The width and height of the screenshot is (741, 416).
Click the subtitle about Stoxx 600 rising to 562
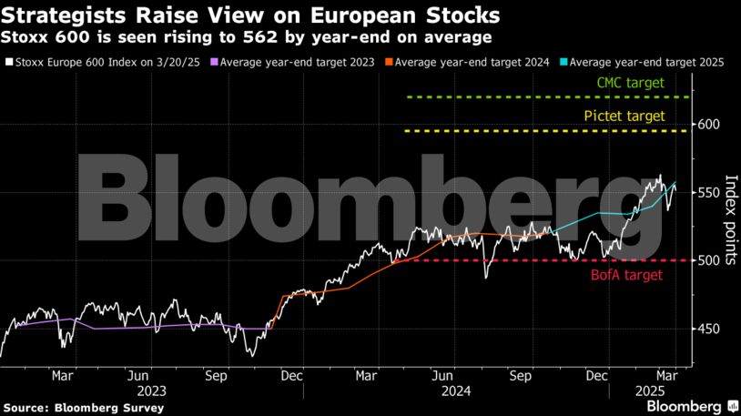(x=246, y=38)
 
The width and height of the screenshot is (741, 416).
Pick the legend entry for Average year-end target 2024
(x=464, y=62)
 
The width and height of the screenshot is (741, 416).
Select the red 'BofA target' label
(x=627, y=274)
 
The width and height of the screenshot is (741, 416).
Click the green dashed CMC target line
(x=501, y=96)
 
